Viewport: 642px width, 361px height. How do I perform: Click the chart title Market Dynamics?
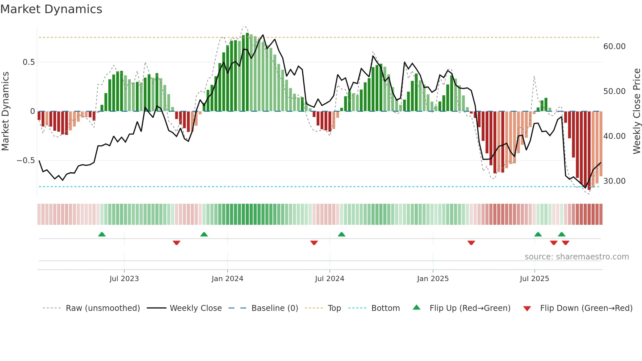(x=51, y=9)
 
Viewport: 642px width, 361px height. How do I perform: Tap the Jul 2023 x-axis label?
(x=124, y=279)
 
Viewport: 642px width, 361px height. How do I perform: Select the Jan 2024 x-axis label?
(x=227, y=279)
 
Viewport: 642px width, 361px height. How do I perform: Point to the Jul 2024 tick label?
(x=330, y=279)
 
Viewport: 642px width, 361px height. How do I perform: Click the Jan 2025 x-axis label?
(x=433, y=279)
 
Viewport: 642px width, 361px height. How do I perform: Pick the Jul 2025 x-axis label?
(x=534, y=279)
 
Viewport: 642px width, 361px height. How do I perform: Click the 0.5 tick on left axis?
(x=28, y=62)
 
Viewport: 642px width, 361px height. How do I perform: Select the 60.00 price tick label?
(x=614, y=47)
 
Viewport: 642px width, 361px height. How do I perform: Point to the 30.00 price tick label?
(x=614, y=181)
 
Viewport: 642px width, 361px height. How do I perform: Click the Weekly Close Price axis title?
(x=636, y=111)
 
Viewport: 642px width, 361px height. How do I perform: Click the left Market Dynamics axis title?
(x=5, y=111)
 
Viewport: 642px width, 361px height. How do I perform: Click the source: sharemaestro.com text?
(x=576, y=257)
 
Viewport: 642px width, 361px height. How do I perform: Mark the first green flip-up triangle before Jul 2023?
(x=102, y=235)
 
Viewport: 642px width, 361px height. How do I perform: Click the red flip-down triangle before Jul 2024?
(x=314, y=243)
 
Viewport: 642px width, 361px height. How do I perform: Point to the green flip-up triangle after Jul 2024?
(x=341, y=235)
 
